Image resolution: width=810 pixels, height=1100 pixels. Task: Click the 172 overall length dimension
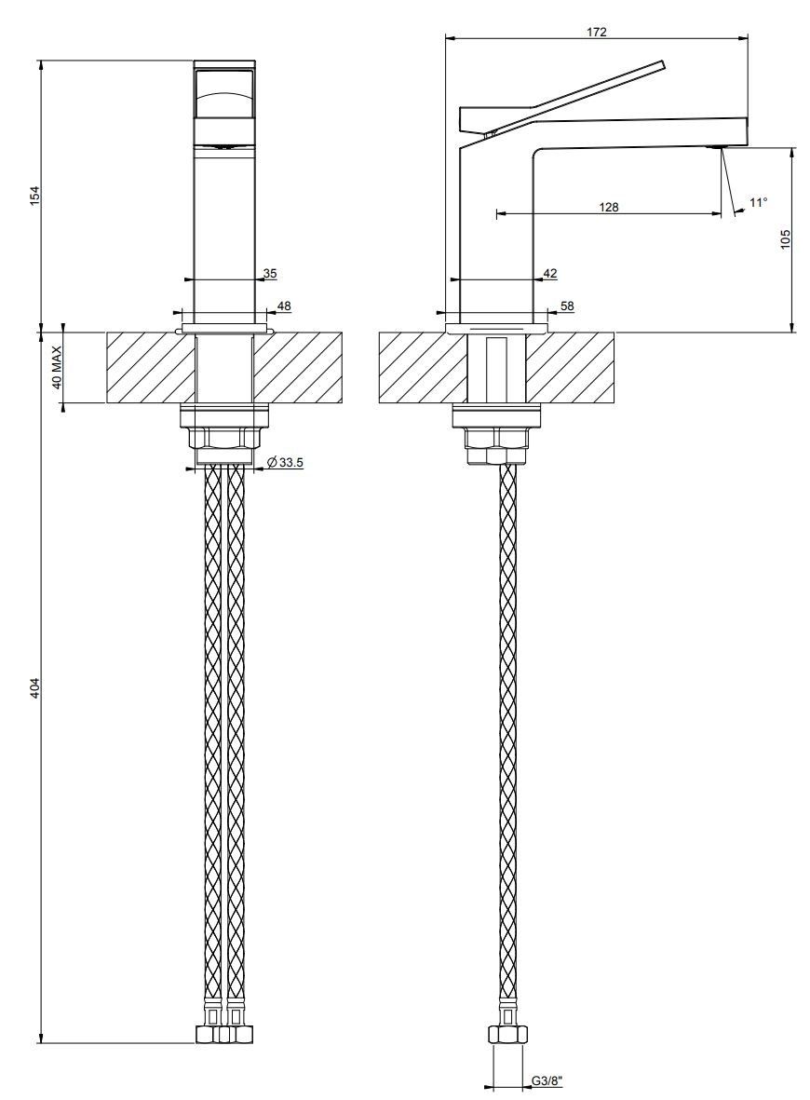[597, 32]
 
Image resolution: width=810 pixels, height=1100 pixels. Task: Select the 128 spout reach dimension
[609, 208]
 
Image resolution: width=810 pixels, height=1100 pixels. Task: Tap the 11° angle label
[758, 202]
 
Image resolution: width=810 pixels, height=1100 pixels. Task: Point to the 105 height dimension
[785, 238]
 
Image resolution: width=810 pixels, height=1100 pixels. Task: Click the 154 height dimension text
[35, 196]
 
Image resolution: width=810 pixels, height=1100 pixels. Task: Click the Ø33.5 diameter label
[286, 462]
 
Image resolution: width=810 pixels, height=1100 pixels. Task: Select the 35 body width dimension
[270, 273]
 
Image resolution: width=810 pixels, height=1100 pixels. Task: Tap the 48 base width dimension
[284, 306]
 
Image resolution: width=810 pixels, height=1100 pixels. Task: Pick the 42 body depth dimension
[549, 273]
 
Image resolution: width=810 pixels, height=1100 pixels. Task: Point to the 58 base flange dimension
[566, 306]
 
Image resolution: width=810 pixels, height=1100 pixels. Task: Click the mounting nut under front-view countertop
[223, 439]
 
